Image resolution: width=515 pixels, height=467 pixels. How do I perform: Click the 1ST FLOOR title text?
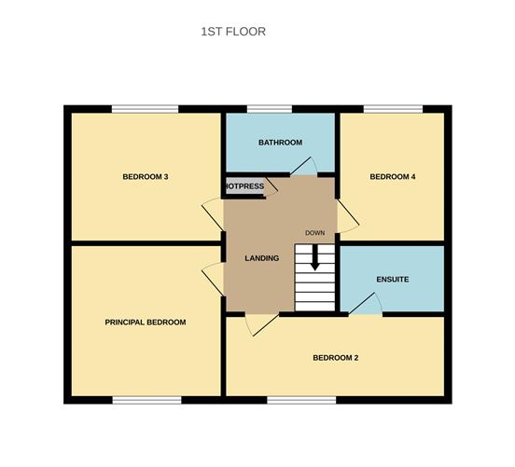[233, 32]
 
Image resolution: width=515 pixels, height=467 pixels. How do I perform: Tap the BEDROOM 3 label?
[145, 176]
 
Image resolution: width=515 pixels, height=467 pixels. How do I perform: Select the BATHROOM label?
[280, 142]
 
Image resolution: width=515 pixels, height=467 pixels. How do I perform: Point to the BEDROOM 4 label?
[392, 176]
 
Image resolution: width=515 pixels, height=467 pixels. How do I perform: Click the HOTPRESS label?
[245, 186]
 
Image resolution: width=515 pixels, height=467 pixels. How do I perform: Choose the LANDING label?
[261, 258]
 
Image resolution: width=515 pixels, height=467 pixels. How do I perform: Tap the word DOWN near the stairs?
[314, 232]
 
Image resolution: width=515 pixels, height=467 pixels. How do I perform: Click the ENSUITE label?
[393, 279]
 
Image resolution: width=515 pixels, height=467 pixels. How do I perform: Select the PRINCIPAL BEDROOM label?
[145, 322]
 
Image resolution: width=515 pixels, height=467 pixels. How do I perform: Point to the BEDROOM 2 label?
[336, 357]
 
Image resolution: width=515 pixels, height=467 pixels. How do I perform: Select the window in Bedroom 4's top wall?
[392, 110]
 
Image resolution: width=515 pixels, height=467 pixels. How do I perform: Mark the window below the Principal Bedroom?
[146, 400]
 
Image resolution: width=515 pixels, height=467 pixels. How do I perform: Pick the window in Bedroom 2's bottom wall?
[301, 400]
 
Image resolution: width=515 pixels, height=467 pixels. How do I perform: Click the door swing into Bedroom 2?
[260, 323]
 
